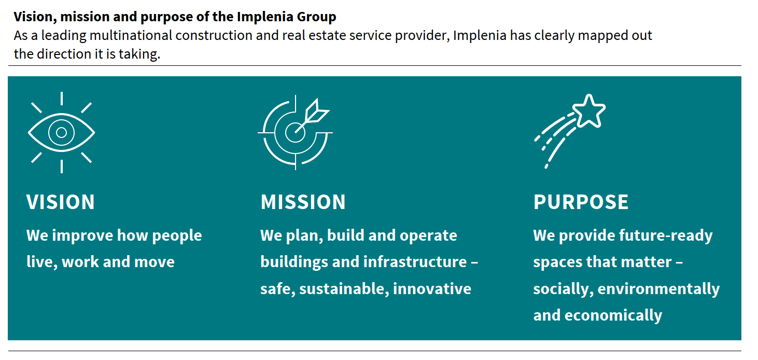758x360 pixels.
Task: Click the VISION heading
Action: (61, 202)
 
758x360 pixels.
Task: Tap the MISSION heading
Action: (303, 202)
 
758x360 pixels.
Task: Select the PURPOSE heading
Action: (581, 202)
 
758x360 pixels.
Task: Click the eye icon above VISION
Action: (61, 132)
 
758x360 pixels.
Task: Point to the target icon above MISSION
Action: (295, 132)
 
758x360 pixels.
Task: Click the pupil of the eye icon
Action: (61, 132)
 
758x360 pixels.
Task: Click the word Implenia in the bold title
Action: (264, 16)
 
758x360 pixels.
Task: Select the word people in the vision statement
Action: (177, 236)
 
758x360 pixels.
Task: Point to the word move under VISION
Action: (155, 262)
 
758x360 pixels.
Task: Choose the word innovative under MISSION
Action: (432, 288)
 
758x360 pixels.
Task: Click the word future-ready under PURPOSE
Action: (666, 236)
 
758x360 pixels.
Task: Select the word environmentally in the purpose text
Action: (658, 289)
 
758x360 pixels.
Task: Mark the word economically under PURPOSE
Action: (613, 315)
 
